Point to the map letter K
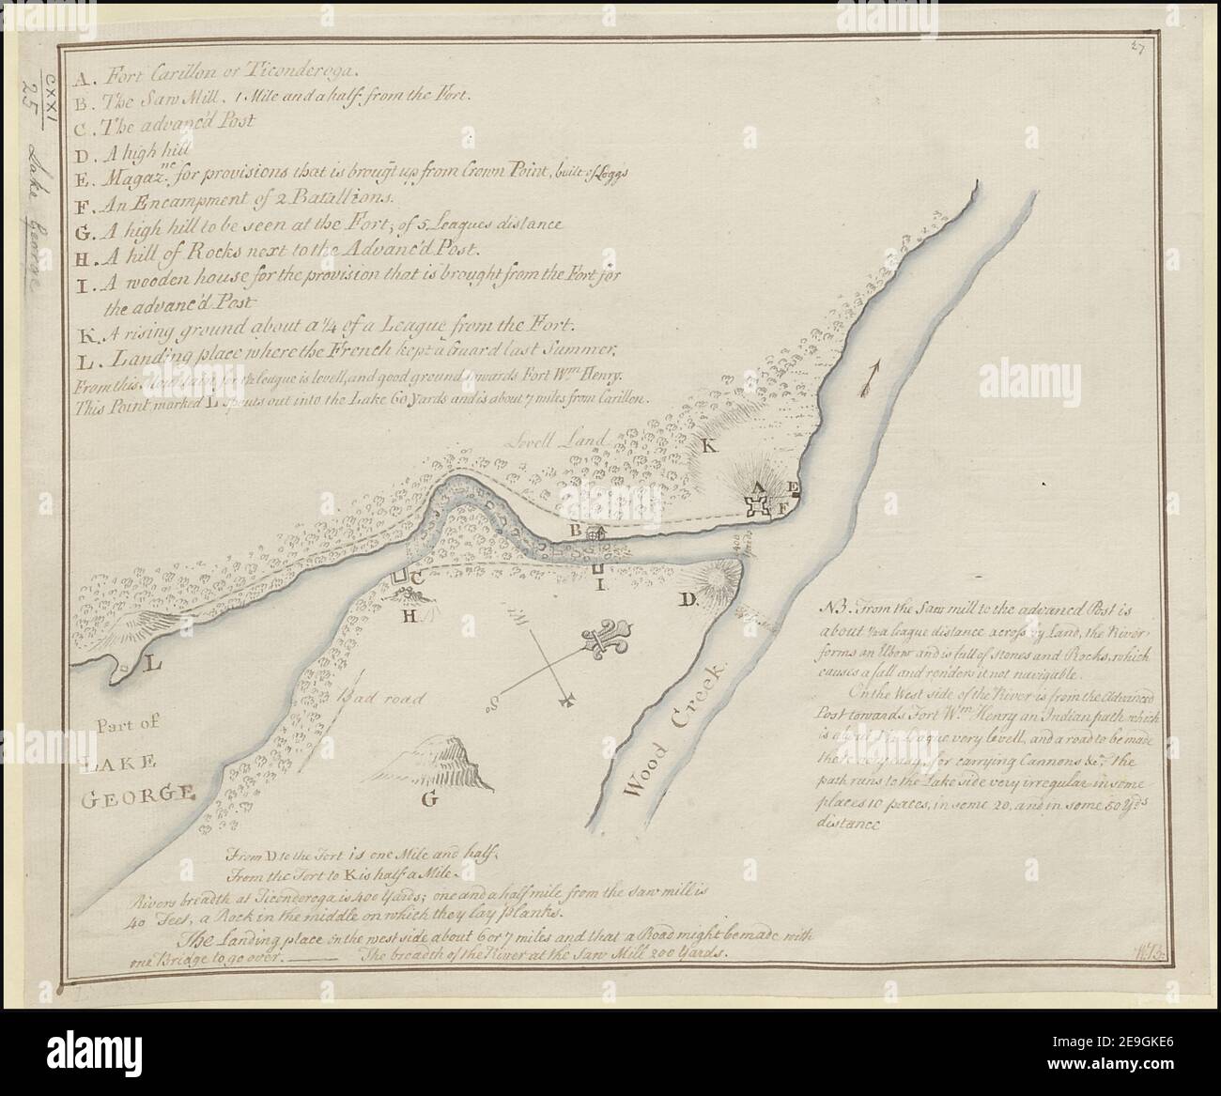coord(710,449)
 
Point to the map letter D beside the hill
coord(687,600)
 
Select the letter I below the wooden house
coord(597,585)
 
